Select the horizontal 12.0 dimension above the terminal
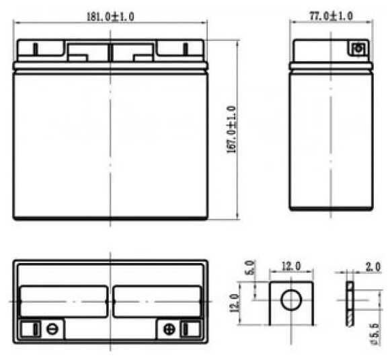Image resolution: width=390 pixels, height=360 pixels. click(290, 267)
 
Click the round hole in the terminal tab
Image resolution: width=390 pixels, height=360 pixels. click(290, 299)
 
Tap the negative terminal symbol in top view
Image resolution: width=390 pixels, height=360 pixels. click(52, 329)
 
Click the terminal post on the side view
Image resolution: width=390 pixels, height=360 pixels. click(358, 48)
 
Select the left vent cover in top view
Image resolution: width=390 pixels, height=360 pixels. click(64, 301)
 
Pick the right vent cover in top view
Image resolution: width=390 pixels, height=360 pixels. click(157, 301)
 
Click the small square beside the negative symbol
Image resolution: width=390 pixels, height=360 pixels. click(29, 329)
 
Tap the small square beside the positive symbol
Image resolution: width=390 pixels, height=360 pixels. click(189, 329)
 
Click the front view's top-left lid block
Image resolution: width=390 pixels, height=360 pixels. click(40, 50)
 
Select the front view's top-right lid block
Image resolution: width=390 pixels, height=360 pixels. click(180, 50)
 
